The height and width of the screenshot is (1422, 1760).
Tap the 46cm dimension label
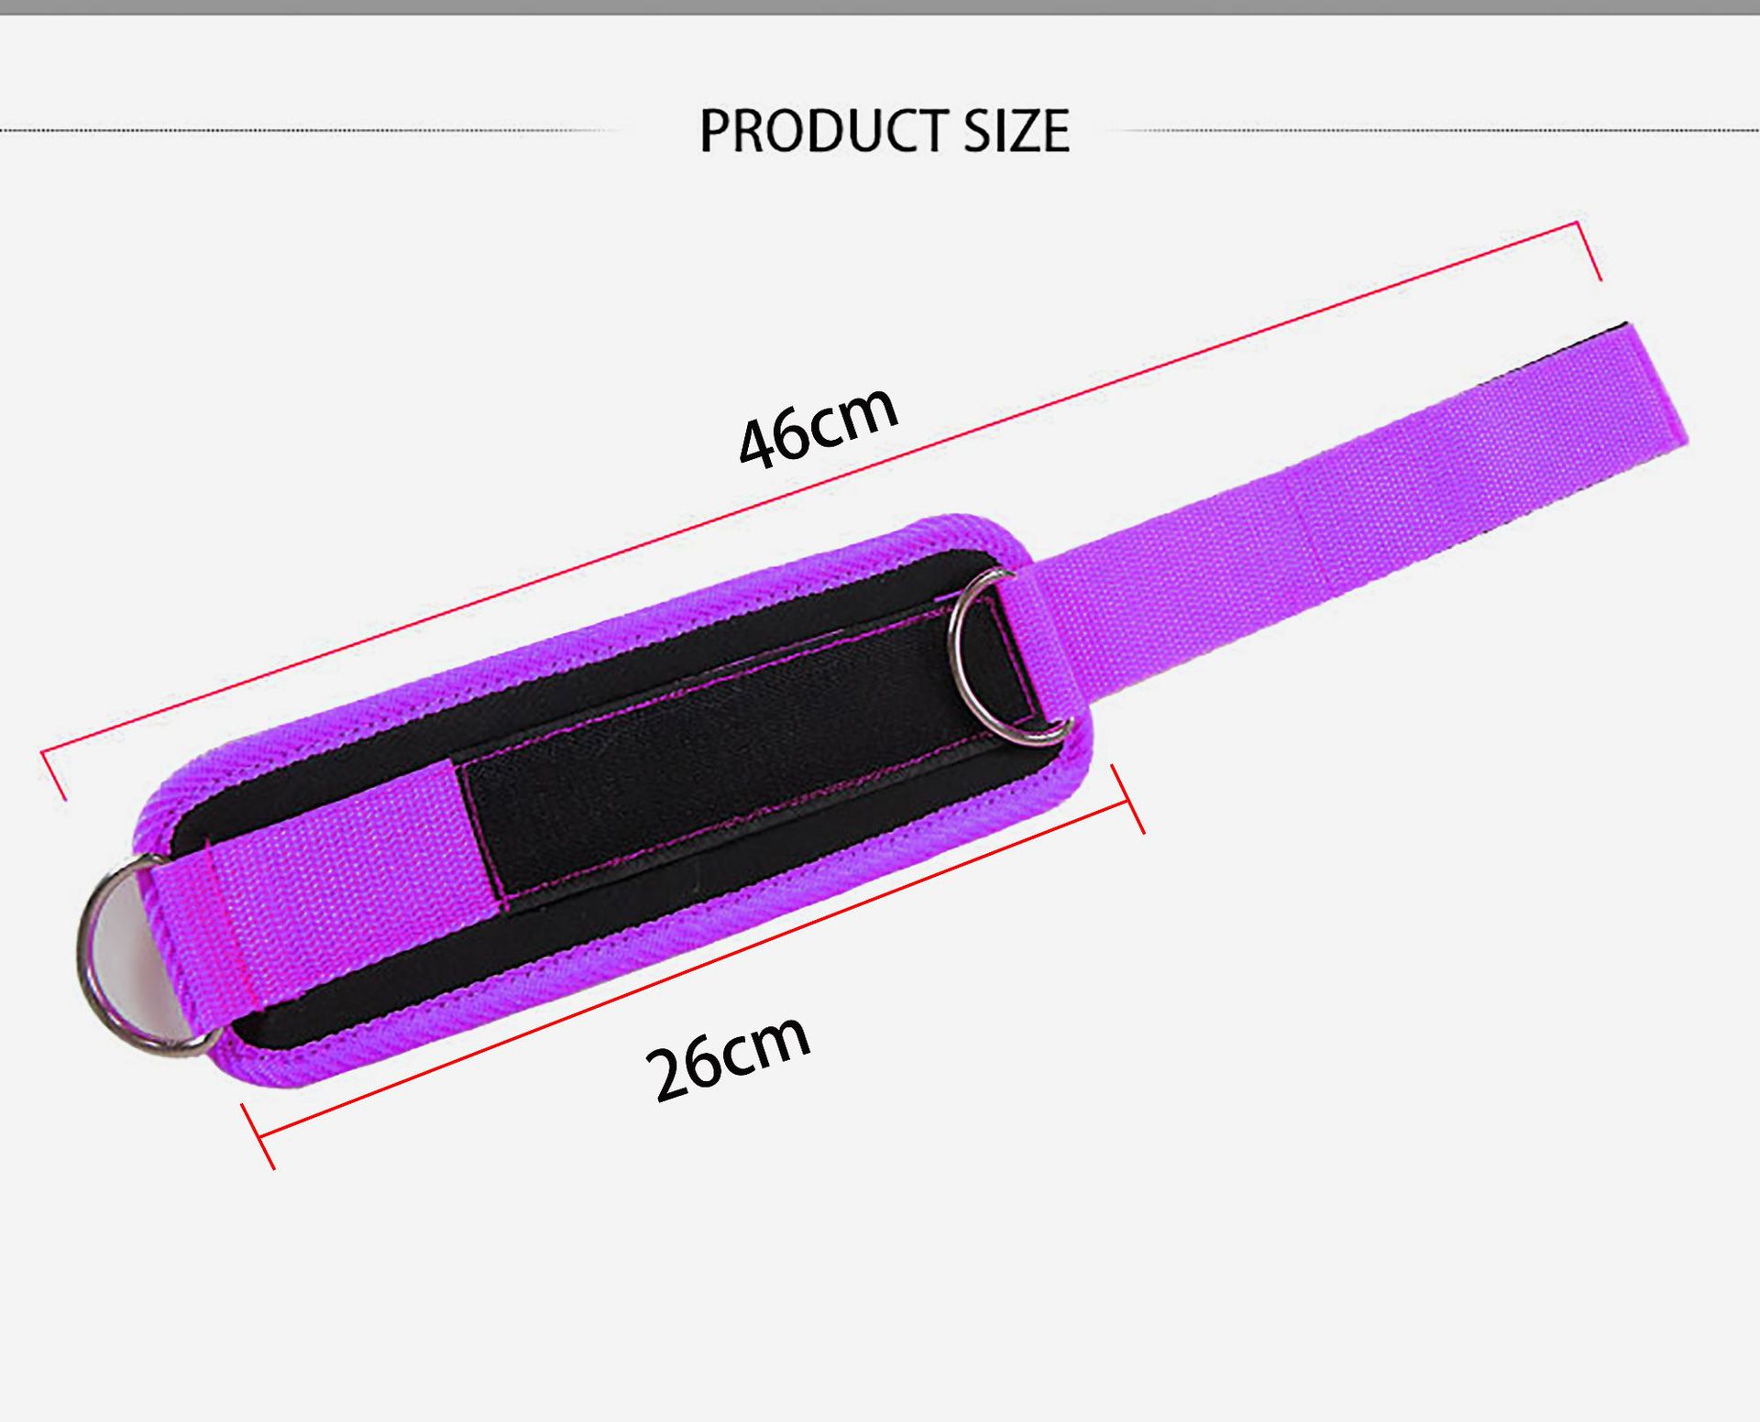tap(818, 426)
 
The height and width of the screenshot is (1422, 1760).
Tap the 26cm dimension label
tap(728, 1057)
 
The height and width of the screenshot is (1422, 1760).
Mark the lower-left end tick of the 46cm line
tap(53, 775)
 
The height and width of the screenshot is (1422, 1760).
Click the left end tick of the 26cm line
tap(258, 1136)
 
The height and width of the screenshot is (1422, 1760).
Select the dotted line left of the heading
tap(302, 131)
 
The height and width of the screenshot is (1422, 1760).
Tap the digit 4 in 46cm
tap(758, 444)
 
